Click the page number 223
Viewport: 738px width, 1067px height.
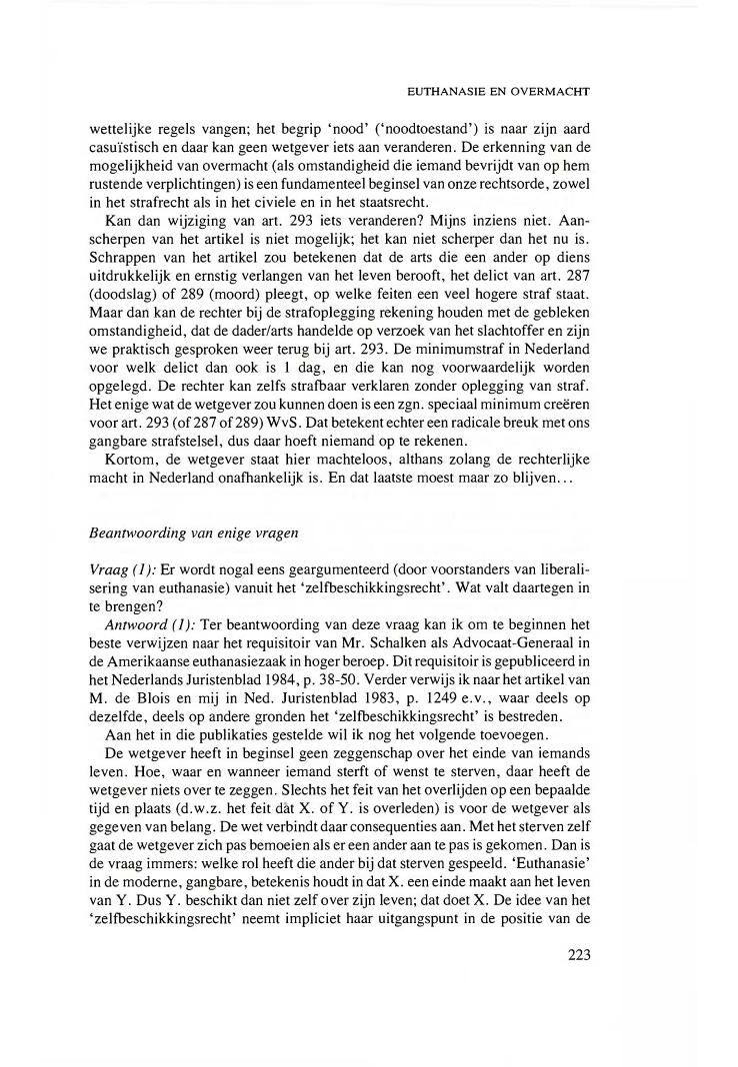579,954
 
